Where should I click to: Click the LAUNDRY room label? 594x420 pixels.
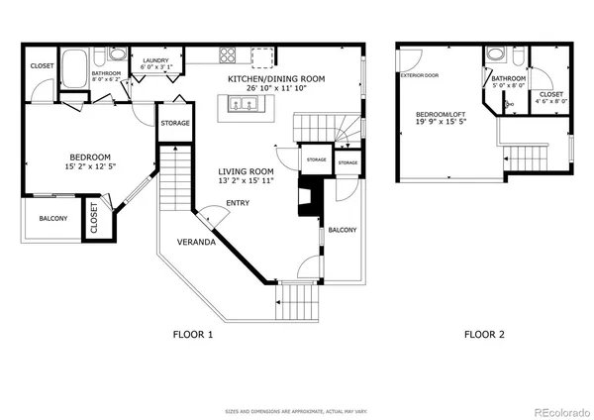156,60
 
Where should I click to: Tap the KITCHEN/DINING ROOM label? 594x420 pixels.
277,78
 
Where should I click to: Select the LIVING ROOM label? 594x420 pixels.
247,171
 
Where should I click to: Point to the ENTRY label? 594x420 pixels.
238,204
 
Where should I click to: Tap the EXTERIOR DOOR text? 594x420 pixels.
418,75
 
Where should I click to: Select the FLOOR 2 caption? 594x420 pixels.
484,335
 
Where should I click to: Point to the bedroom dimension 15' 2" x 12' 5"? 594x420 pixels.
89,166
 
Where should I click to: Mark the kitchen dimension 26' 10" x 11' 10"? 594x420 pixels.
277,88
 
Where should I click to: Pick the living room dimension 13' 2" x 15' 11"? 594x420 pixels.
247,181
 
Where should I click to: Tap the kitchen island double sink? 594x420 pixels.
242,103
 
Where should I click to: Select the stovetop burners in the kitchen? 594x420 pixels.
227,56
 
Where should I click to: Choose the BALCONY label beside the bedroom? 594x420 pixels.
53,219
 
